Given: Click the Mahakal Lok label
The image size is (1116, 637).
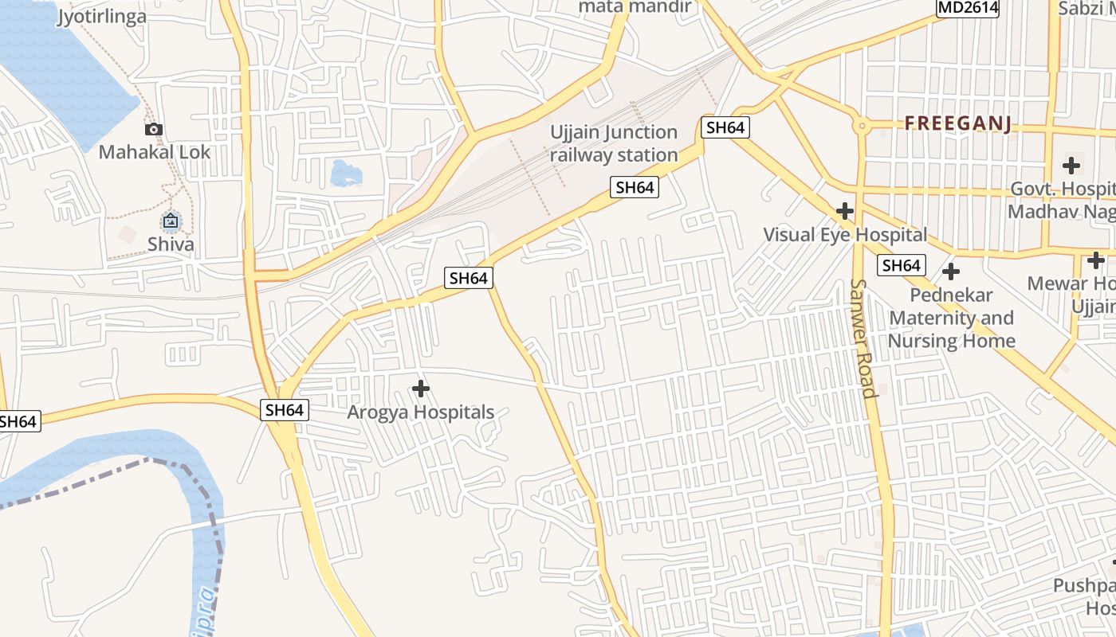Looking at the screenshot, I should coord(155,152).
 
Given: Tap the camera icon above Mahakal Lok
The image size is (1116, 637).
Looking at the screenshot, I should coord(154,129).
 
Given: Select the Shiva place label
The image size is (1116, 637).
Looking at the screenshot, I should coord(171,244).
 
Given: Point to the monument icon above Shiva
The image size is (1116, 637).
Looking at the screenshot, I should coord(171,221).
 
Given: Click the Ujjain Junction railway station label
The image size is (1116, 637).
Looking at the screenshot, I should coord(614,143).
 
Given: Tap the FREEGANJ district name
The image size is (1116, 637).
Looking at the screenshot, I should coord(957,123).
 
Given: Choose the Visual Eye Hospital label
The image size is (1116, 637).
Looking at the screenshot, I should coord(845,235).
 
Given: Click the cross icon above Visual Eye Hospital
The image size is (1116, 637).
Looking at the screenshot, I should coord(845,211).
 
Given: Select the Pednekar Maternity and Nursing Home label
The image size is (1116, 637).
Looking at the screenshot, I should coord(952,318).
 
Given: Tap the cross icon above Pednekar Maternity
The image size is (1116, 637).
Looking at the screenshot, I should coord(950,272).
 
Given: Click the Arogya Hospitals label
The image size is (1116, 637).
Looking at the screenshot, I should coord(420,412).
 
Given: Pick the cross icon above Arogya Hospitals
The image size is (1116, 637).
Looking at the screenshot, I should coord(420,389).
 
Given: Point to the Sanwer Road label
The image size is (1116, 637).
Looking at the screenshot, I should coord(863,338).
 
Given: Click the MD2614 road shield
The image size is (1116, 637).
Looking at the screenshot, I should coord(967,8).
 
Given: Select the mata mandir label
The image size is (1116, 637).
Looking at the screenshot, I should coord(634,7).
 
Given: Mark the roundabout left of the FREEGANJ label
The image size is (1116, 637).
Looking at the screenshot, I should coord(861,126).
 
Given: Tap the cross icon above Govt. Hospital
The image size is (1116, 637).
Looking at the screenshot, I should coord(1071,166).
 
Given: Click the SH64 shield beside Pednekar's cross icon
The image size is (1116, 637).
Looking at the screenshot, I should coord(902,265).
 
